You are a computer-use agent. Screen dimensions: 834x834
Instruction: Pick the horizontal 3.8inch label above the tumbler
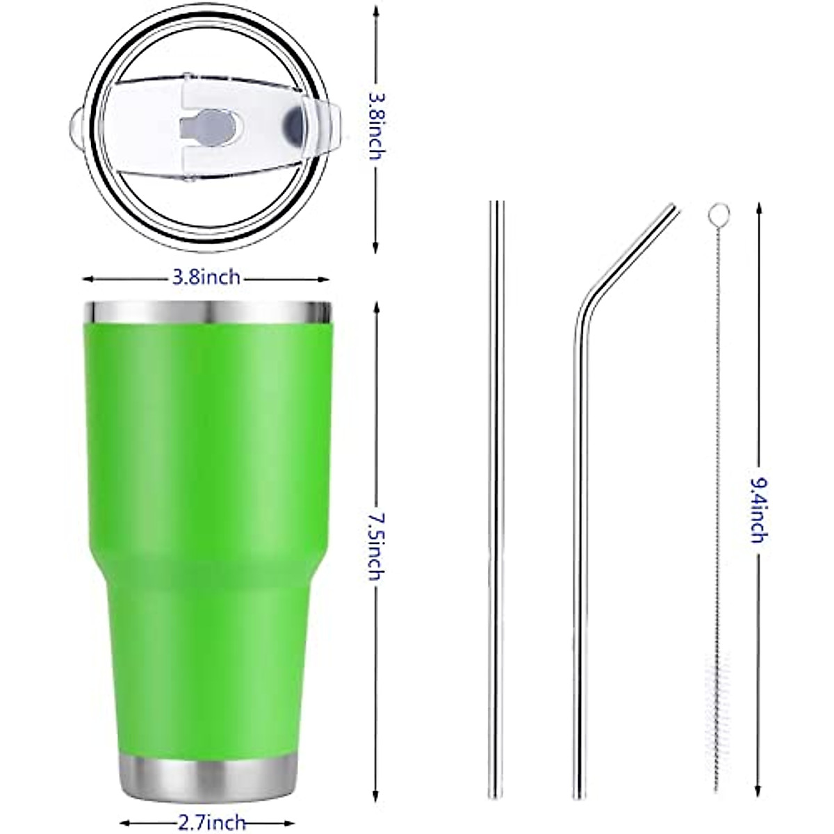click(206, 278)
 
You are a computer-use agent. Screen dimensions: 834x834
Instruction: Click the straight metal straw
click(496, 486)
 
